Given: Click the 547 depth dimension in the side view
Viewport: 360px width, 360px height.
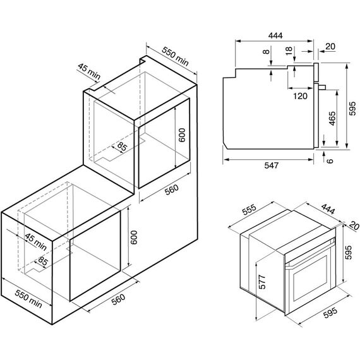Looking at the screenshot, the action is pyautogui.click(x=272, y=165).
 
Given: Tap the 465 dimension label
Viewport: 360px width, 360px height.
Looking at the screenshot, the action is pyautogui.click(x=332, y=119).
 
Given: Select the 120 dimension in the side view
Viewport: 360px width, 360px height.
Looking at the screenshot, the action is pyautogui.click(x=300, y=96).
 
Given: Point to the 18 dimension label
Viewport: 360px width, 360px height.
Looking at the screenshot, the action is pyautogui.click(x=289, y=51).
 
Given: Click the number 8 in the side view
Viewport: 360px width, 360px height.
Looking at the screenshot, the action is pyautogui.click(x=266, y=51).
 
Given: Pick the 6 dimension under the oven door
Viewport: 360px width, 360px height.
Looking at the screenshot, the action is pyautogui.click(x=330, y=160).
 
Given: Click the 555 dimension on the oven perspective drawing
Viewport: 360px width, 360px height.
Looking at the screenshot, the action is pyautogui.click(x=249, y=210).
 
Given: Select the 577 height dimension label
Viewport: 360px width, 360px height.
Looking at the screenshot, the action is pyautogui.click(x=262, y=282).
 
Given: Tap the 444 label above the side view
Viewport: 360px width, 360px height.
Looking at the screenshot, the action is pyautogui.click(x=275, y=35).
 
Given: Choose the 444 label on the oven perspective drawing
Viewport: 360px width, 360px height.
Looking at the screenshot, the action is pyautogui.click(x=328, y=208).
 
